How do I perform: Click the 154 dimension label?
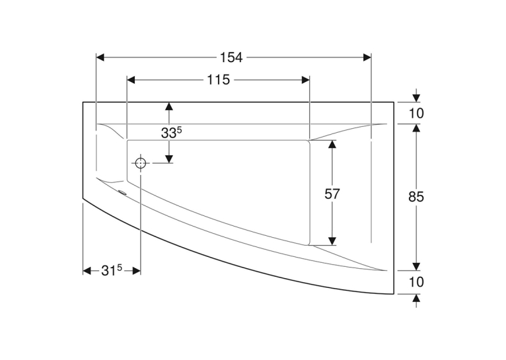tap(231, 57)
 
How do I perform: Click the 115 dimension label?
tap(218, 80)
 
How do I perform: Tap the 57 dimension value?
tap(332, 194)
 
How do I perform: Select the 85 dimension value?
tap(416, 196)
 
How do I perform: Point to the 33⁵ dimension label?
tap(172, 132)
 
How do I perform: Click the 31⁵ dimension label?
tap(112, 270)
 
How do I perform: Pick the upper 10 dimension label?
tap(416, 113)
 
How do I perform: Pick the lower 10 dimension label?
tap(416, 282)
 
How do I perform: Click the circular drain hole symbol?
tap(141, 163)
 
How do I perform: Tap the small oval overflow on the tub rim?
tap(123, 193)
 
